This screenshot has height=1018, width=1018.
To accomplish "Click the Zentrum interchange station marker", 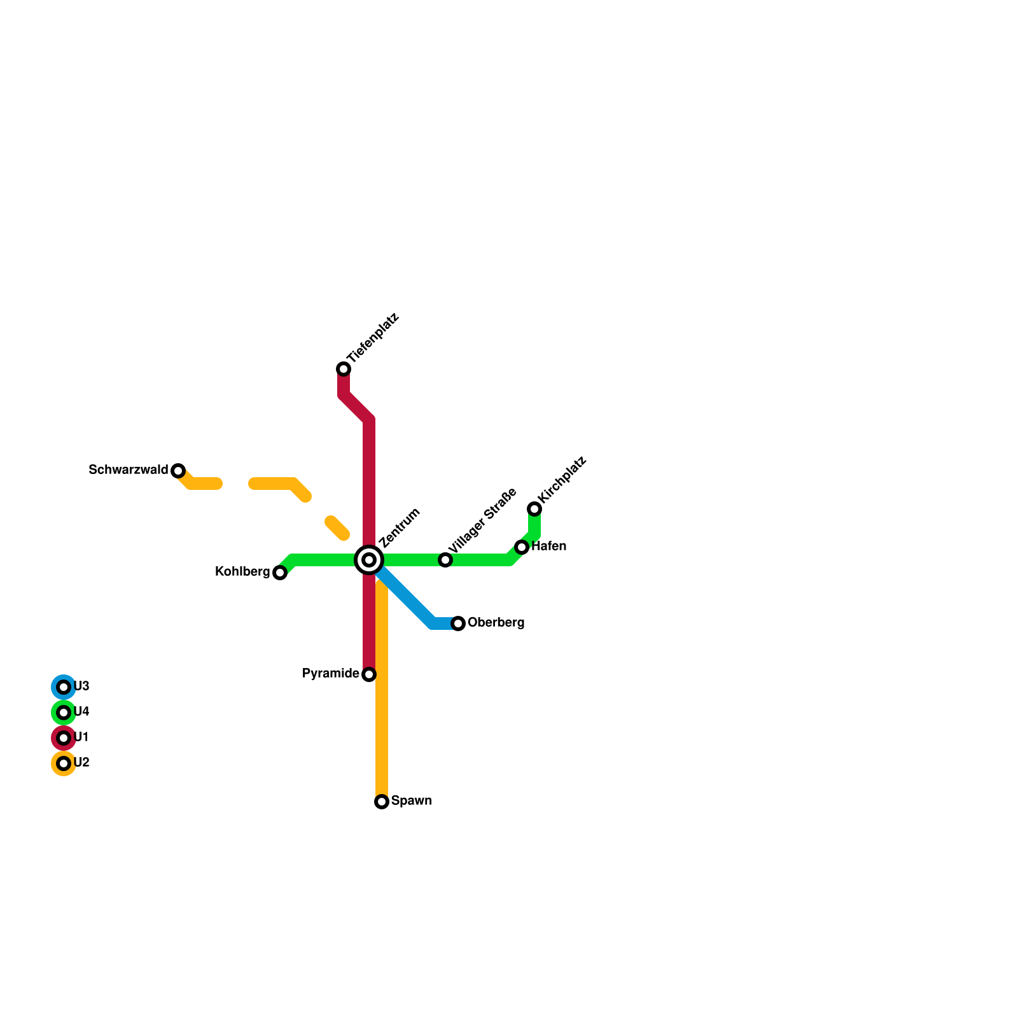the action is coord(369,560).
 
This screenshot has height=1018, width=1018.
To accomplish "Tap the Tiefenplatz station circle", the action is coord(344,369).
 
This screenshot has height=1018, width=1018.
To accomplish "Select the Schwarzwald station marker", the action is coord(178,471).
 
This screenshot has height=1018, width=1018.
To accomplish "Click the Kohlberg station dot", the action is coord(280,573).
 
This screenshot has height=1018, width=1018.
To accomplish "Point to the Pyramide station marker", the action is coord(369,674).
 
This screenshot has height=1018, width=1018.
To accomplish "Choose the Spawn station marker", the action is coord(382,802).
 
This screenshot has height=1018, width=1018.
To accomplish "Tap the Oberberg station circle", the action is coord(458,624).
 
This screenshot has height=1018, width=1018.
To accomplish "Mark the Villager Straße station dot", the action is coord(445,560).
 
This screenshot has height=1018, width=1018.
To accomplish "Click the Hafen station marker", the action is coord(522,547).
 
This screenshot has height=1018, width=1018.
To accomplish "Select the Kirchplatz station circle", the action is coord(534,509).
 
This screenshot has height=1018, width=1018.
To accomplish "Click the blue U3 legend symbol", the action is coord(64,687).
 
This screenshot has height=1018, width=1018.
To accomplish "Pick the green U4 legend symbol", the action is coord(64,713).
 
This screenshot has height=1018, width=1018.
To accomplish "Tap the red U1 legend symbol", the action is coord(64,738).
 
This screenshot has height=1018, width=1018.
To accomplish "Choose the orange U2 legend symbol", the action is coord(64,763).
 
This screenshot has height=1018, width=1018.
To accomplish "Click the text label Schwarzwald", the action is coord(129,470).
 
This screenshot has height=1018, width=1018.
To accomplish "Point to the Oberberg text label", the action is coord(496,623).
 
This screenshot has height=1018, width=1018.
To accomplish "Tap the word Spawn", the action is coord(412,801).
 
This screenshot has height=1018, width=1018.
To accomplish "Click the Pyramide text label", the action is coord(331,674).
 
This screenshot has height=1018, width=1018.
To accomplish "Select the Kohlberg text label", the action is coord(242,572).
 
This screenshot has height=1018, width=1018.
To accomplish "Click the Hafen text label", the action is coord(549,547).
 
